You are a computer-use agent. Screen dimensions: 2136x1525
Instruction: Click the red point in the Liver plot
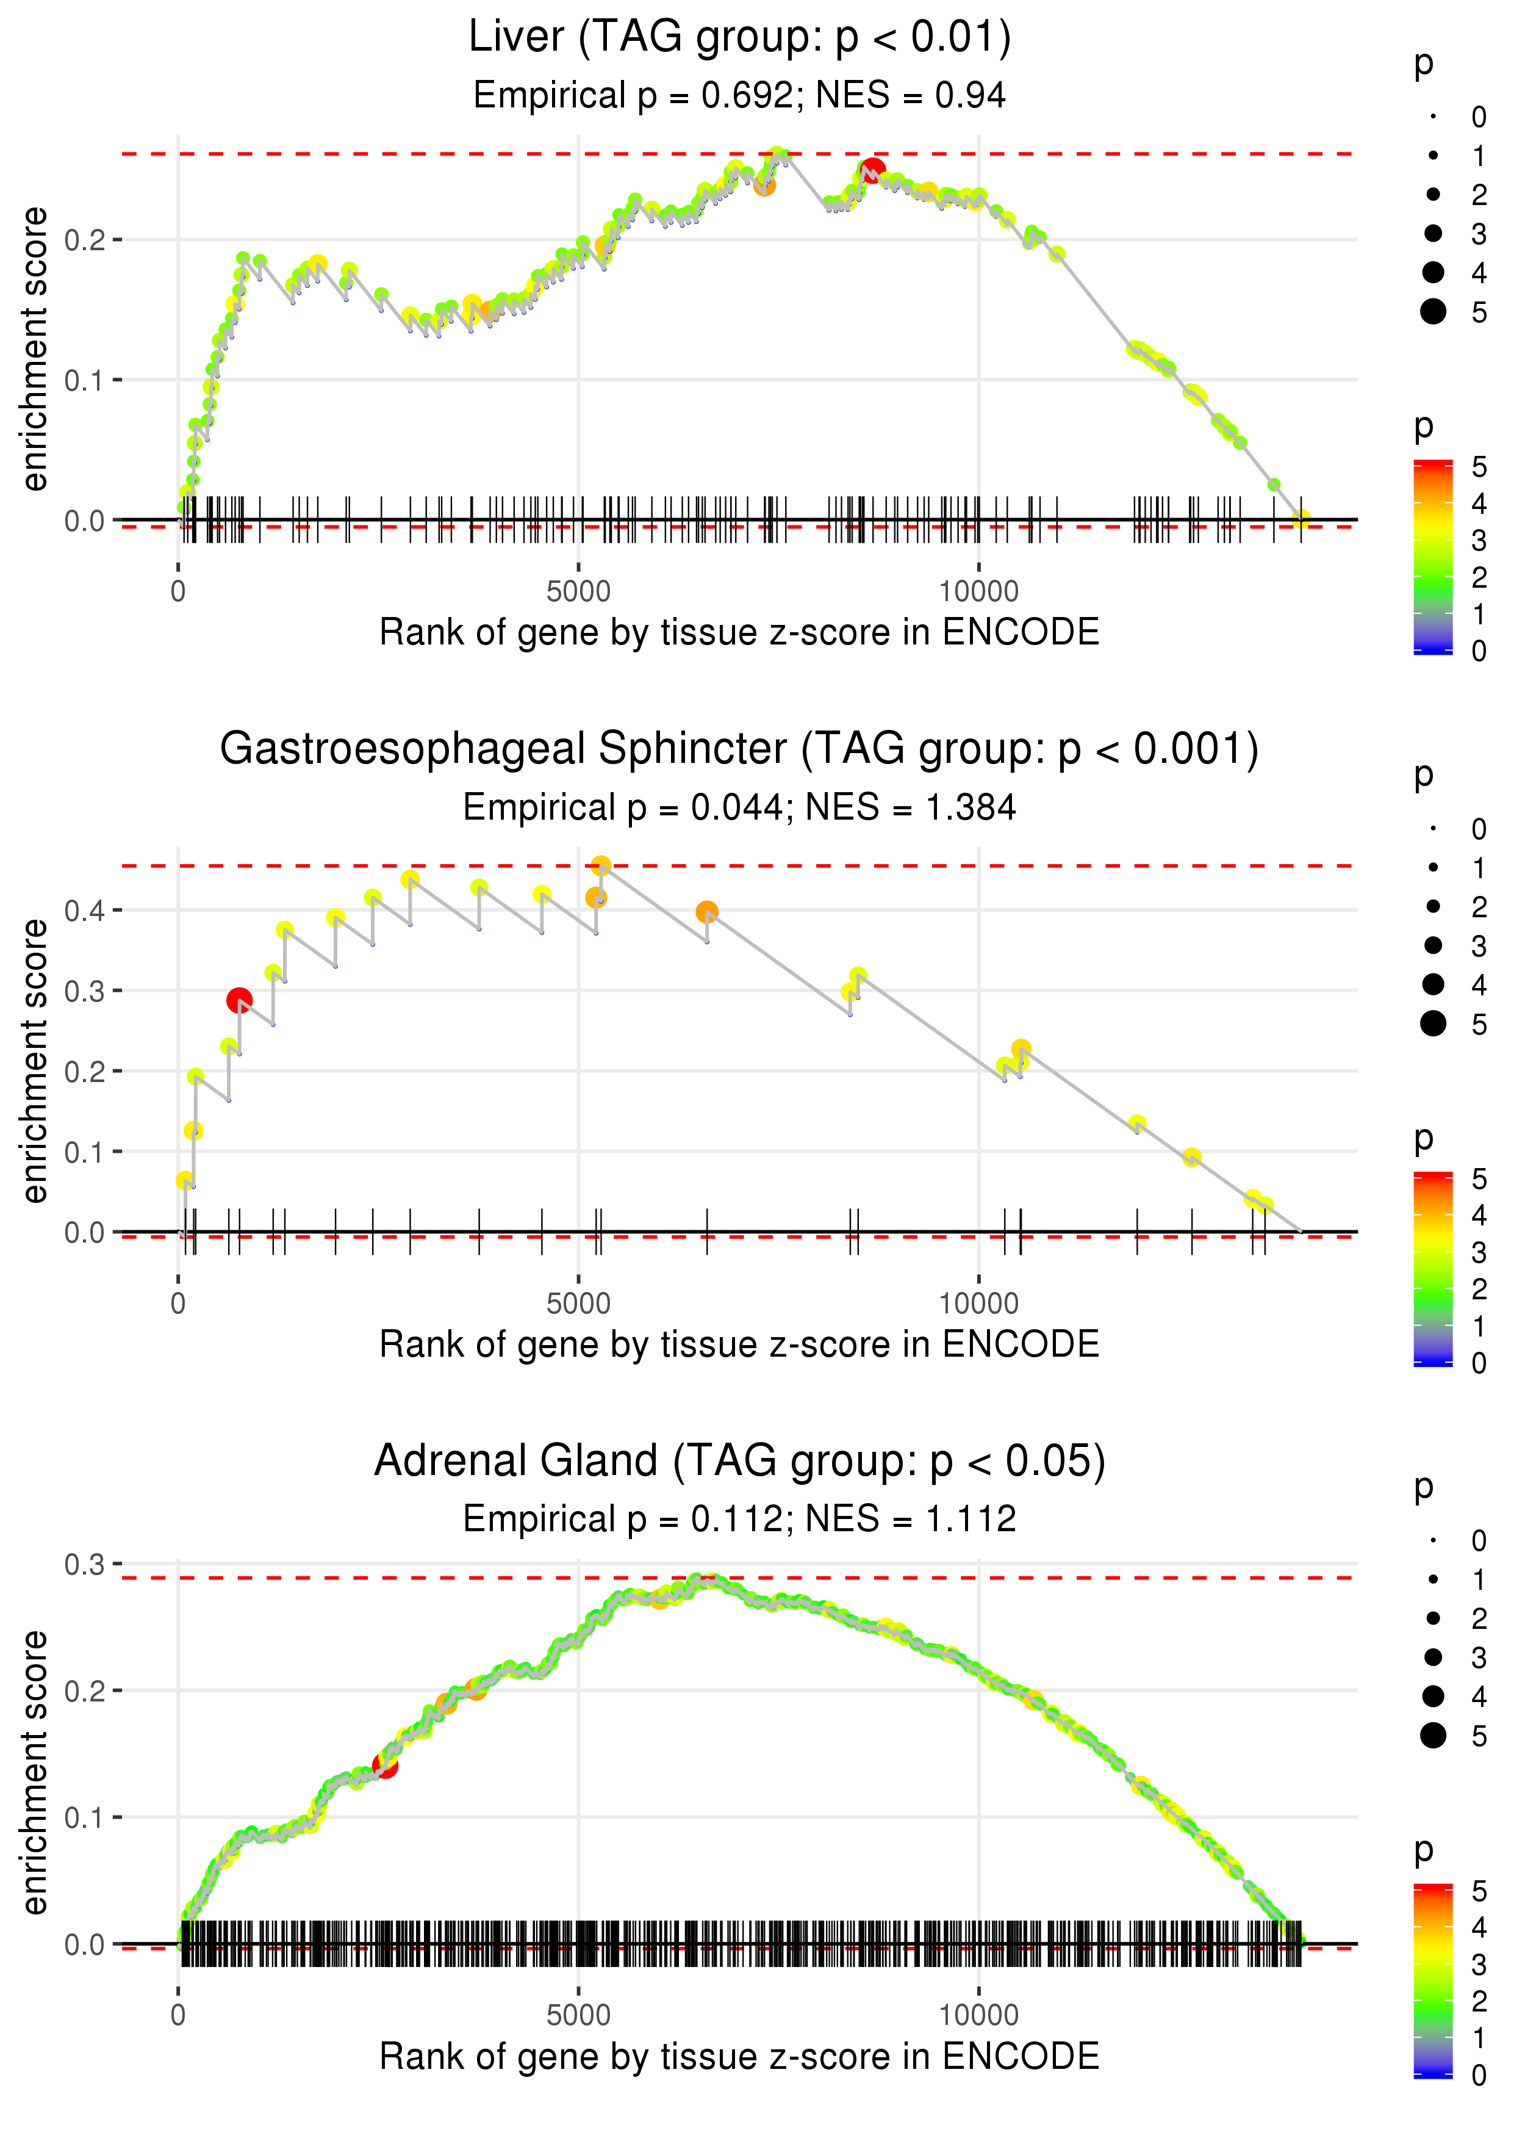coord(872,171)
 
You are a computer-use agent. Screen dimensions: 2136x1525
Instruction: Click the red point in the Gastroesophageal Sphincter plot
coord(240,1000)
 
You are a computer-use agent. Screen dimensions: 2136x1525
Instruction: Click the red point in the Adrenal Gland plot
coord(385,1766)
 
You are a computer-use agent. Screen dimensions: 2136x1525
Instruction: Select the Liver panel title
coord(739,38)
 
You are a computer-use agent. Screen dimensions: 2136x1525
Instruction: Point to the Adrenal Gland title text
coord(739,1460)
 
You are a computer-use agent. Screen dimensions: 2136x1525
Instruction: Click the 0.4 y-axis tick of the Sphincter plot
coord(85,910)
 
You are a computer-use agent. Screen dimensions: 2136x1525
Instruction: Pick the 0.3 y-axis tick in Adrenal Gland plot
coord(85,1564)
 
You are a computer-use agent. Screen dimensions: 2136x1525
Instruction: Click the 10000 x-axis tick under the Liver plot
coord(978,592)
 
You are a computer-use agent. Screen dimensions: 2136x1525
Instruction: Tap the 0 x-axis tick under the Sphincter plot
coord(178,1304)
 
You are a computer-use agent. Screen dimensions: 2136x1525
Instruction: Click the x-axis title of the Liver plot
coord(739,632)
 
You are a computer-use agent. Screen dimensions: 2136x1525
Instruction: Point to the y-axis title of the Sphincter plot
coord(35,1061)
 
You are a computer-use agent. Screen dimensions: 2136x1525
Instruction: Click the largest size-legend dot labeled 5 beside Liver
coord(1433,311)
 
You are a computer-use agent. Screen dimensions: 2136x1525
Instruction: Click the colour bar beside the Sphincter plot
coord(1432,1268)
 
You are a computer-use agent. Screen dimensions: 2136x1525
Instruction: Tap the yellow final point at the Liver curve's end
coord(1301,519)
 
